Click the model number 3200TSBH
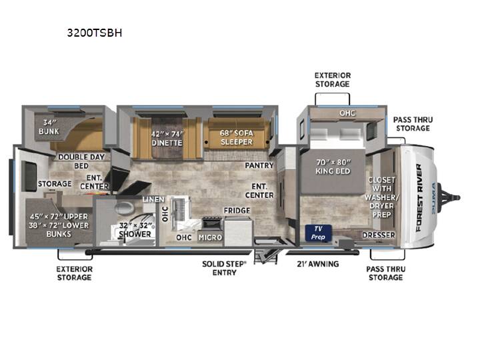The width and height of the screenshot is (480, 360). click(95, 33)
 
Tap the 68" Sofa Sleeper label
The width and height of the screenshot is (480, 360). click(236, 137)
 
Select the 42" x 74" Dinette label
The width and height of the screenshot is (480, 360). click(167, 139)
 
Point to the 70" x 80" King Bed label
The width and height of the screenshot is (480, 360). click(333, 167)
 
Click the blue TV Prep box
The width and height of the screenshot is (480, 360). click(318, 233)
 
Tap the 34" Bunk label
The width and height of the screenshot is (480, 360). click(49, 127)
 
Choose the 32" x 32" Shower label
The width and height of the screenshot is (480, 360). click(135, 230)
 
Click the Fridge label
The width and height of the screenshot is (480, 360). click(237, 211)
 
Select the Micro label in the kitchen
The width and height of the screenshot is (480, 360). click(210, 237)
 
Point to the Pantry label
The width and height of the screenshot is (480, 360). click(259, 165)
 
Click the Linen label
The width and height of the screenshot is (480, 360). click(154, 199)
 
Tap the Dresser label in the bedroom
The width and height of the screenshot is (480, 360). click(379, 235)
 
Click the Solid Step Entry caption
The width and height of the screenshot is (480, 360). click(224, 268)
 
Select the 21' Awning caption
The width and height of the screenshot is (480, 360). click(318, 264)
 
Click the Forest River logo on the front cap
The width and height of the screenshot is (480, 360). click(419, 198)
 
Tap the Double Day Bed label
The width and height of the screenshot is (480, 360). click(81, 161)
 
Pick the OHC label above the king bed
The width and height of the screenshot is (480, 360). click(347, 113)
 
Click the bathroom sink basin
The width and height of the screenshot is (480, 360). click(124, 209)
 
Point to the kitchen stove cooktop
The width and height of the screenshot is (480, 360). click(211, 222)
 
